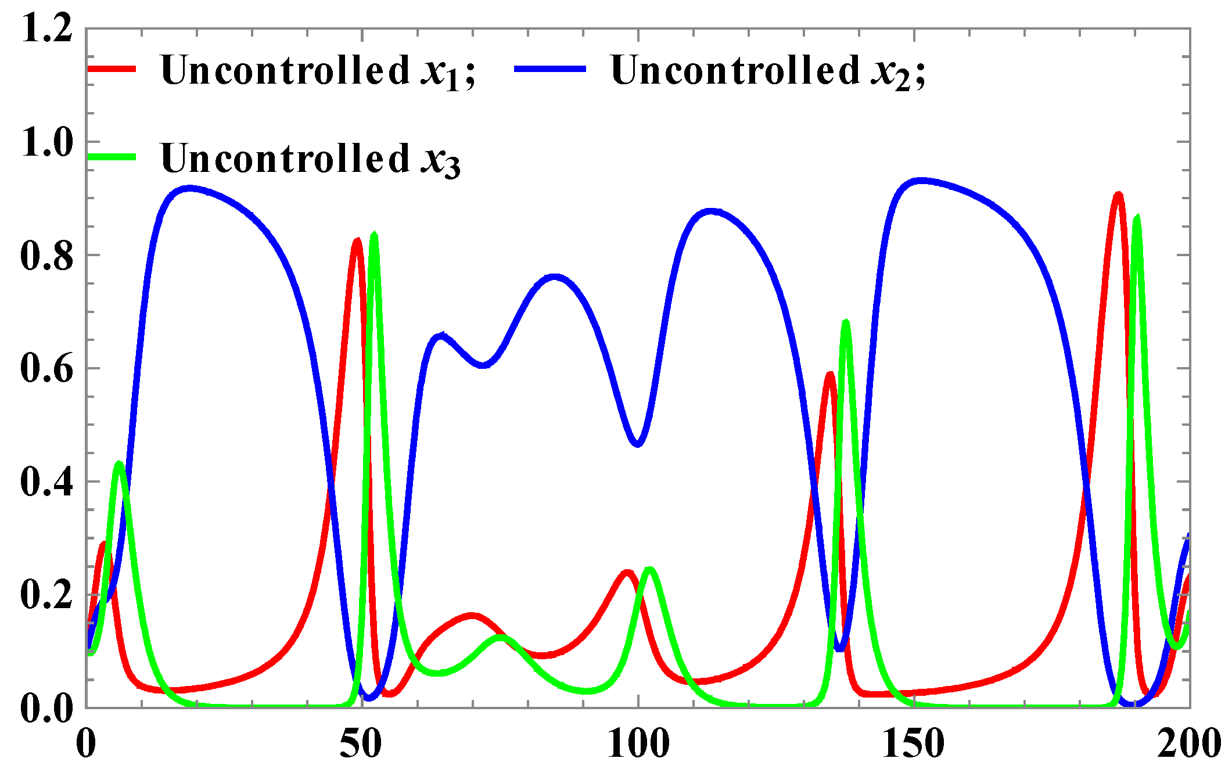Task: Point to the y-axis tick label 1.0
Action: [46, 142]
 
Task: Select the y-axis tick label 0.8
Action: [46, 256]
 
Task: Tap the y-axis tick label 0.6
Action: [46, 369]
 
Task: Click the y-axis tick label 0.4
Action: [46, 482]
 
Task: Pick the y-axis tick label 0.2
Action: [46, 595]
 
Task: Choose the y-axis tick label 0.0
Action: [46, 708]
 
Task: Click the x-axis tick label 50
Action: [361, 744]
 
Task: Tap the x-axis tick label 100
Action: [638, 744]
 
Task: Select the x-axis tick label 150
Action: [914, 744]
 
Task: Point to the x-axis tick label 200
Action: [1188, 744]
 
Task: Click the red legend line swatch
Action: [112, 69]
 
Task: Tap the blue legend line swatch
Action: [550, 69]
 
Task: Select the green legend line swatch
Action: [112, 157]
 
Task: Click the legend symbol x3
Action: [441, 160]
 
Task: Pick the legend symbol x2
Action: [890, 73]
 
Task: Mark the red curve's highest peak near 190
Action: [1118, 195]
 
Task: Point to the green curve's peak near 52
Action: [374, 235]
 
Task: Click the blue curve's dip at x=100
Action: [637, 444]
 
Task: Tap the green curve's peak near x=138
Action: [846, 322]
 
